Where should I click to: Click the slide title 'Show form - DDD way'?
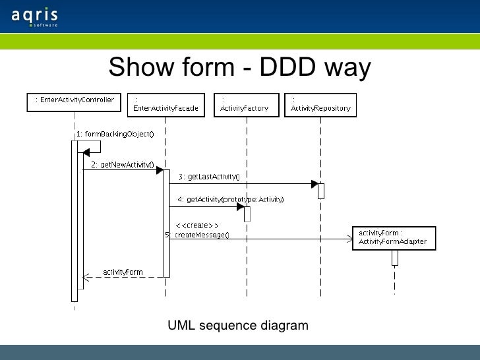coord(240,67)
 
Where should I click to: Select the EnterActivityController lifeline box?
coord(74,101)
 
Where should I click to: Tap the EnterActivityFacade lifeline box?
coord(165,105)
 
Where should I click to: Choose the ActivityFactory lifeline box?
coord(244,105)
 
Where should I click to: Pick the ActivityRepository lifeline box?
coord(320,105)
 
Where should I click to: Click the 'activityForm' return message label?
coord(123,271)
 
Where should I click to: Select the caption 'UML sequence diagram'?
coord(237,326)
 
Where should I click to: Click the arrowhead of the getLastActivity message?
coord(315,184)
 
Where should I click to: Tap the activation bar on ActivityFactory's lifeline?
coord(247,214)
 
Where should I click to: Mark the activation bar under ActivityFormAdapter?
coord(394,257)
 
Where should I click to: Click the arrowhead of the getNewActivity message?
coord(160,170)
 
